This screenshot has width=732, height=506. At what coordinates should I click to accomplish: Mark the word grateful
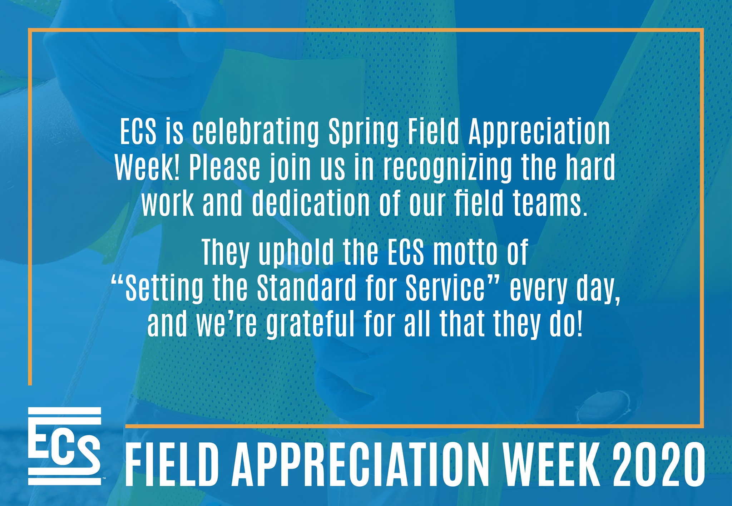[x=310, y=324]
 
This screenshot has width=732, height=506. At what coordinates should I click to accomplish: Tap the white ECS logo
[x=65, y=446]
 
